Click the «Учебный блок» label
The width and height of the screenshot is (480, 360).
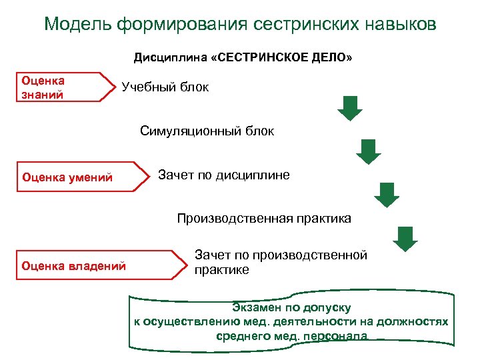pyautogui.click(x=165, y=87)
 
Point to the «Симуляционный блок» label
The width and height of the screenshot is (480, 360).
pyautogui.click(x=207, y=131)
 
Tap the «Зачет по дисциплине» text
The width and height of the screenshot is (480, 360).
pyautogui.click(x=223, y=175)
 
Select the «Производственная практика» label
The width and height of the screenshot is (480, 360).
pyautogui.click(x=263, y=218)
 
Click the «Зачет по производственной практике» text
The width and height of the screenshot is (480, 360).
pyautogui.click(x=280, y=262)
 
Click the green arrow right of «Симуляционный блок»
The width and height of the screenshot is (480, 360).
pyautogui.click(x=367, y=151)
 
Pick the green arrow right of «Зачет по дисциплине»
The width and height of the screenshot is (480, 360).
pyautogui.click(x=386, y=195)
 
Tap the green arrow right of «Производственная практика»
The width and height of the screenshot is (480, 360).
pyautogui.click(x=405, y=238)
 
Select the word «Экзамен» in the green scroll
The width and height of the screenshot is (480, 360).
pyautogui.click(x=255, y=307)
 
